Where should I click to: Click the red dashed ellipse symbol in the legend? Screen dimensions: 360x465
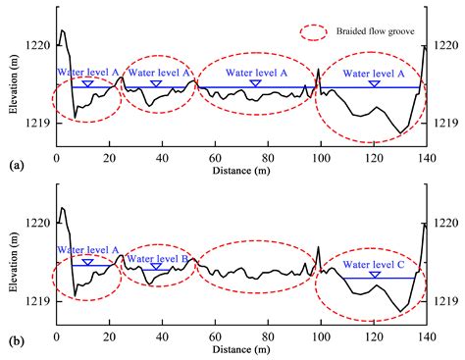tap(318, 31)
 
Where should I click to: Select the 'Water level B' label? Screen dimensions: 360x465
tap(158, 258)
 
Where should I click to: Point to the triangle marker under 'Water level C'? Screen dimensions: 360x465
tap(374, 276)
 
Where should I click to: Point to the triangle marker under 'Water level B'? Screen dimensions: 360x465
tap(156, 267)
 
